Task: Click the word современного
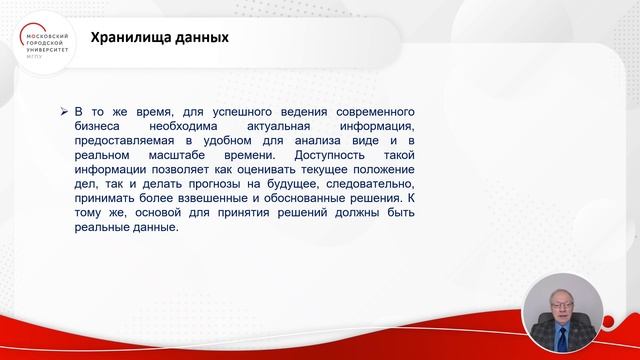pos(365,112)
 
